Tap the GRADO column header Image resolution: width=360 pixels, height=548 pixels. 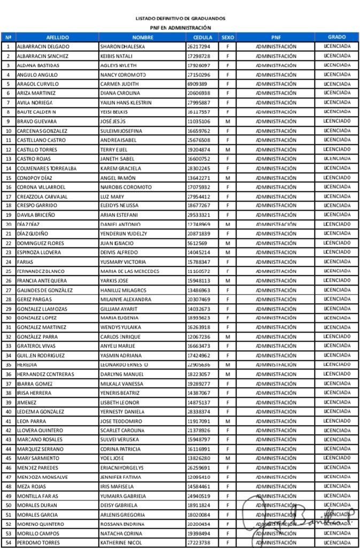point(337,37)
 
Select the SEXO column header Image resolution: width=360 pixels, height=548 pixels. point(227,37)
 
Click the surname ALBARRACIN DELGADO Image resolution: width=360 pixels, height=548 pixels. point(43,47)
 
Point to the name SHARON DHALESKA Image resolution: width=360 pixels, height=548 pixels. point(122,47)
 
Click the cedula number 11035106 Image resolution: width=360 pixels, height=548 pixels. point(199,121)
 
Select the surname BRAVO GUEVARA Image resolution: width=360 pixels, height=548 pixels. point(37,121)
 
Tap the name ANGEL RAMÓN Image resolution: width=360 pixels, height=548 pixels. point(118,177)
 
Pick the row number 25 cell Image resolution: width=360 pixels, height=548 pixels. point(8,271)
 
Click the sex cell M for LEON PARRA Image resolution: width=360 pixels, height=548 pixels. point(227,421)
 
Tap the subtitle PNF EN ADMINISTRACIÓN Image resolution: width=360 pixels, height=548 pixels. point(180,28)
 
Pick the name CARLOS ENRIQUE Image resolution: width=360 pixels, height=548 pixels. point(120,337)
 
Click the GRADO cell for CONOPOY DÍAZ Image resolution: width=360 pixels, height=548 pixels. point(337,177)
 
